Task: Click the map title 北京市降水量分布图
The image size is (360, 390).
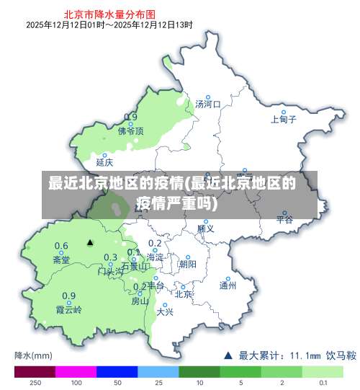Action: (x=109, y=13)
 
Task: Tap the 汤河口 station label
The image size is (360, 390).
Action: (x=207, y=105)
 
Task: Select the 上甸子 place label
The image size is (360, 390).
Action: (x=283, y=120)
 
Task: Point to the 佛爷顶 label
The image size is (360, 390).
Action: (x=131, y=131)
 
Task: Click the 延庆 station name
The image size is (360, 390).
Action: (x=104, y=162)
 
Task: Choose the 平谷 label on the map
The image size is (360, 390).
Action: (x=285, y=220)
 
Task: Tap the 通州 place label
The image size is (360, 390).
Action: (x=228, y=285)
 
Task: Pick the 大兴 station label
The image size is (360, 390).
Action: (x=165, y=311)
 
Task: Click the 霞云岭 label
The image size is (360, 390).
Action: (x=69, y=309)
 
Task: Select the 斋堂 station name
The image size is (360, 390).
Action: (x=61, y=260)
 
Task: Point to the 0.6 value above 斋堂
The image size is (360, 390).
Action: (x=61, y=246)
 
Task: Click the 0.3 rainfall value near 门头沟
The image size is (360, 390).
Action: (x=110, y=257)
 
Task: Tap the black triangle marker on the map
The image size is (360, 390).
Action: (x=90, y=243)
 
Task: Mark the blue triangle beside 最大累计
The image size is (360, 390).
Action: (x=228, y=355)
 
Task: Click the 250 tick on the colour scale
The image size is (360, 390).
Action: (x=35, y=383)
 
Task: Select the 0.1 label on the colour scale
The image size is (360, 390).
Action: (x=323, y=383)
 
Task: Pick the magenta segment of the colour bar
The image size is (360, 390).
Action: (x=76, y=372)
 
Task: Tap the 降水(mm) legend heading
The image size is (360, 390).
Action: (x=33, y=355)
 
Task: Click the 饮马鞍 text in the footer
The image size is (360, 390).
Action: (x=341, y=355)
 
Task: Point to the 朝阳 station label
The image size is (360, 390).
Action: (x=187, y=265)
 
